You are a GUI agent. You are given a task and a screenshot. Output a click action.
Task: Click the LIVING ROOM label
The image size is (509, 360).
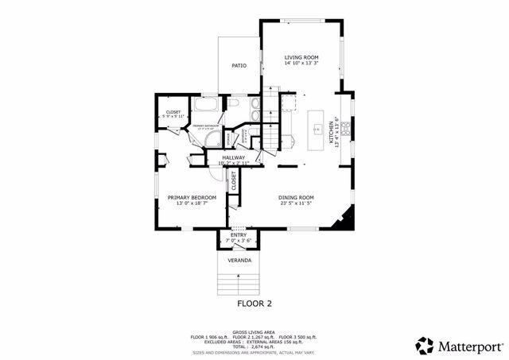click(301, 57)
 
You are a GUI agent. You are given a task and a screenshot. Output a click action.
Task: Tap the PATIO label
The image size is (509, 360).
click(239, 65)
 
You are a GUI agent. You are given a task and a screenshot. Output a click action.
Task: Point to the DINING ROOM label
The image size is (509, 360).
click(296, 197)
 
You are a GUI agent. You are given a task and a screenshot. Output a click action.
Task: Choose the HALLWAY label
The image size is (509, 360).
click(234, 157)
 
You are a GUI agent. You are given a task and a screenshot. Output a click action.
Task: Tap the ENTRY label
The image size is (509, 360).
click(239, 234)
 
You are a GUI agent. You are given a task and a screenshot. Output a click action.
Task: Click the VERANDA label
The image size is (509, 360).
click(239, 260)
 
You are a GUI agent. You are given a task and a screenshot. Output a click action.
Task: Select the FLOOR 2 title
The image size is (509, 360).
click(254, 304)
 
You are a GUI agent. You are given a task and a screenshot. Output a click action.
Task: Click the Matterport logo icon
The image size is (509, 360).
click(425, 346)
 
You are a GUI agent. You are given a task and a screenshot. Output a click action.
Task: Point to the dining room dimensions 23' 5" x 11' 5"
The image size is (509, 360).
click(296, 203)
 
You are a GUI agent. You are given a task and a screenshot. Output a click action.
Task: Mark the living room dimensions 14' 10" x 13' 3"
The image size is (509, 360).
click(301, 64)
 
